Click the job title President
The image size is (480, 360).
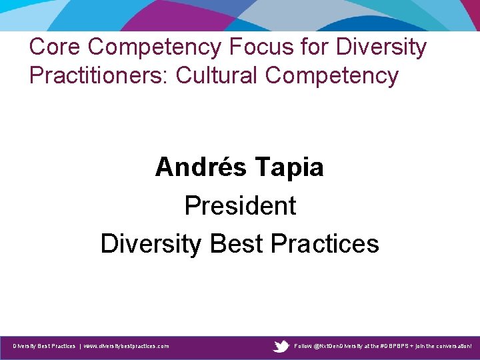click(x=240, y=205)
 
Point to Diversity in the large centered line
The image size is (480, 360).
click(x=151, y=243)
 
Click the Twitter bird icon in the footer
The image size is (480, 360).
click(x=281, y=346)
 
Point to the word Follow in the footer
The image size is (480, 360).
click(x=303, y=346)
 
